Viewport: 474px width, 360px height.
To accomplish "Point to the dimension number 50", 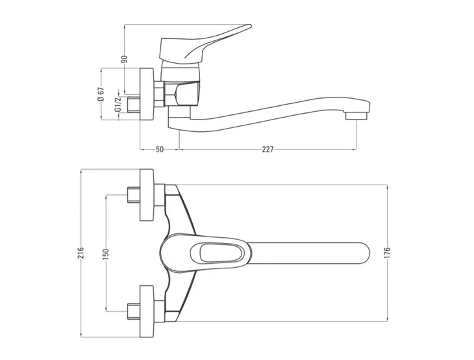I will pos(159,149).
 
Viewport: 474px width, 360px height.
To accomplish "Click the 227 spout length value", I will pos(268,149).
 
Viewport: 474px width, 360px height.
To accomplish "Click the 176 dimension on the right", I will pos(387,252).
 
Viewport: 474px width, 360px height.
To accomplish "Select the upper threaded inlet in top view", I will pos(132,196).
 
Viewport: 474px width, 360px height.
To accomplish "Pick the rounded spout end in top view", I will pos(360,252).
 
